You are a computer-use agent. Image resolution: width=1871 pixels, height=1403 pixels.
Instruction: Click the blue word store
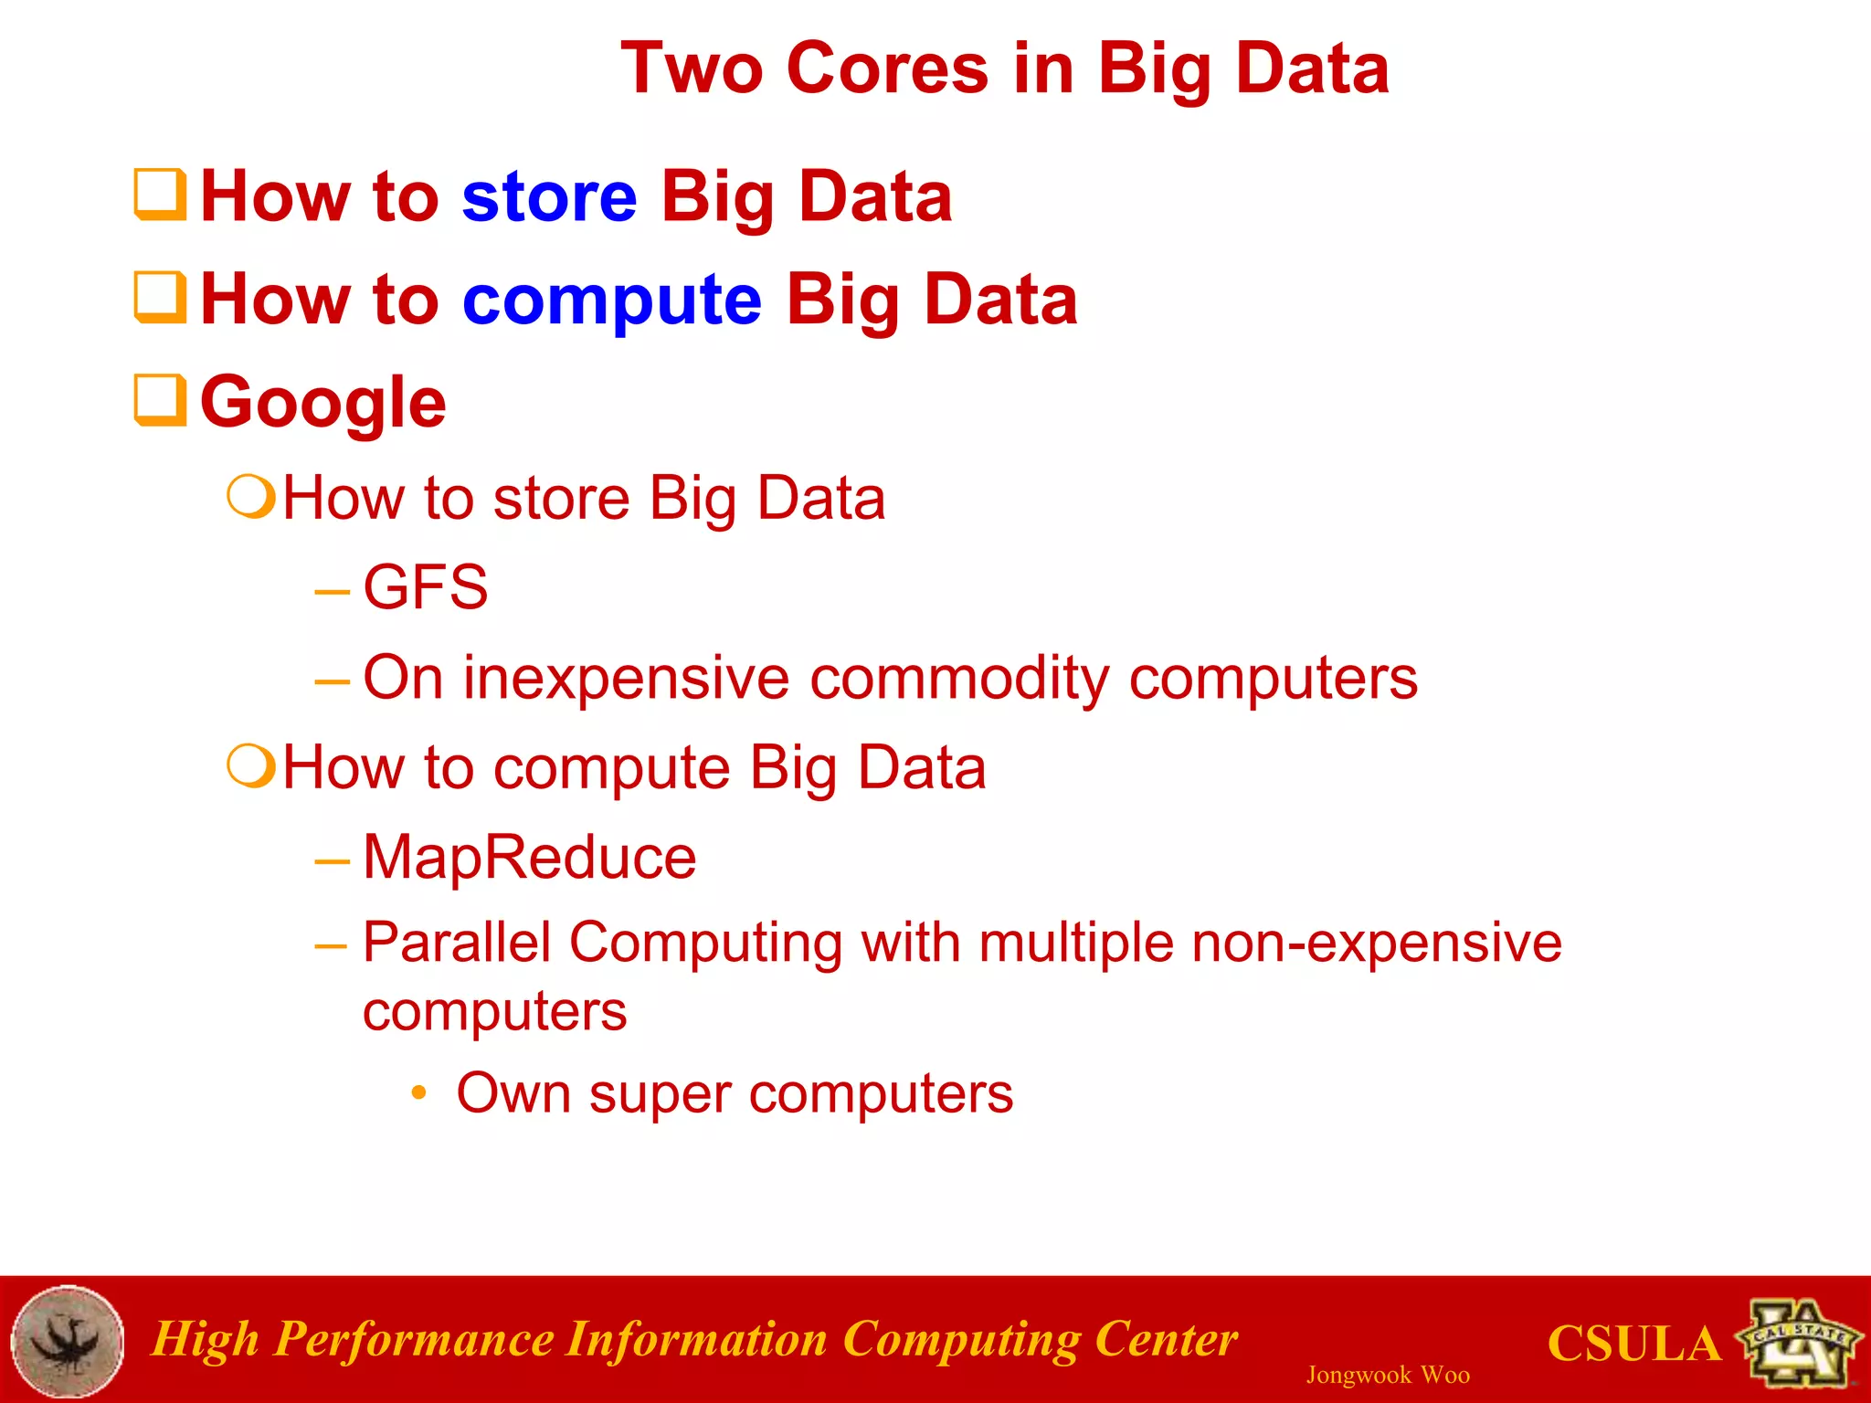coord(549,197)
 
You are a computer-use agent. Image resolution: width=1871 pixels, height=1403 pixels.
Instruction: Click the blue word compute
coord(611,301)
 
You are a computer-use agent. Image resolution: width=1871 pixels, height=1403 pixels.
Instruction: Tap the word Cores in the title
coord(887,69)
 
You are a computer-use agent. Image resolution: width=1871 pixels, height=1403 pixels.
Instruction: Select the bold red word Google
coord(322,403)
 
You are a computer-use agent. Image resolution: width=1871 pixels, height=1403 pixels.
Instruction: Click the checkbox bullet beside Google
coord(160,400)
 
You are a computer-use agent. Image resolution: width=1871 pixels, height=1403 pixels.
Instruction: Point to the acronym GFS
coord(425,587)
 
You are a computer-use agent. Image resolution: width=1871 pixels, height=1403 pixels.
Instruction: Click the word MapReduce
coord(529,858)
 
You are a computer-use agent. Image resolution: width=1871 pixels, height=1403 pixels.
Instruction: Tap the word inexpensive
coord(626,679)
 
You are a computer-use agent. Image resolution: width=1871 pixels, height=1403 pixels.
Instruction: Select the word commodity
coord(958,679)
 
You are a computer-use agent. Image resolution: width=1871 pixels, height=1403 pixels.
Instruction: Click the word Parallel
coord(457,943)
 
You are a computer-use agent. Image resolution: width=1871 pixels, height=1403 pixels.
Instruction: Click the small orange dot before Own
coord(418,1092)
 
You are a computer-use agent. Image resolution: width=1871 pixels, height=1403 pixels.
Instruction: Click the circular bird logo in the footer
coord(68,1341)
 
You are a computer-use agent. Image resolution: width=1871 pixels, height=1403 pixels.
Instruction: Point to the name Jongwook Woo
coord(1387,1375)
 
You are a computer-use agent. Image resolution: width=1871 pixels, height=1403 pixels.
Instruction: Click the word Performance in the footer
coord(413,1340)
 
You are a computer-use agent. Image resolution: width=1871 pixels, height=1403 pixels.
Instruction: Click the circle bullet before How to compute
coord(251,766)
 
